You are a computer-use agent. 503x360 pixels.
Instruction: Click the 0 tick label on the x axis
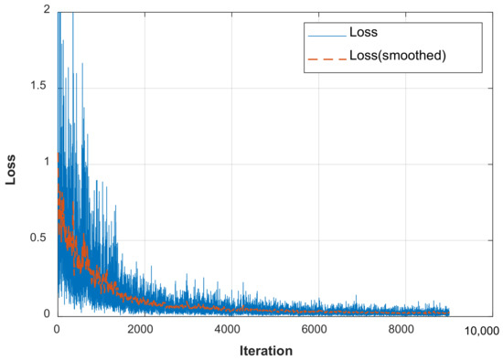(x=57, y=329)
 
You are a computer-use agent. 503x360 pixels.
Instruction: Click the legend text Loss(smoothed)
(x=403, y=58)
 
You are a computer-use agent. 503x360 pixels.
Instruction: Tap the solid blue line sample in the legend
(x=326, y=35)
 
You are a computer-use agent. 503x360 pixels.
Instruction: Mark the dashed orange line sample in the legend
(x=326, y=58)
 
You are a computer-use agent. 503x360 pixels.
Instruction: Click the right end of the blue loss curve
(x=449, y=312)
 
